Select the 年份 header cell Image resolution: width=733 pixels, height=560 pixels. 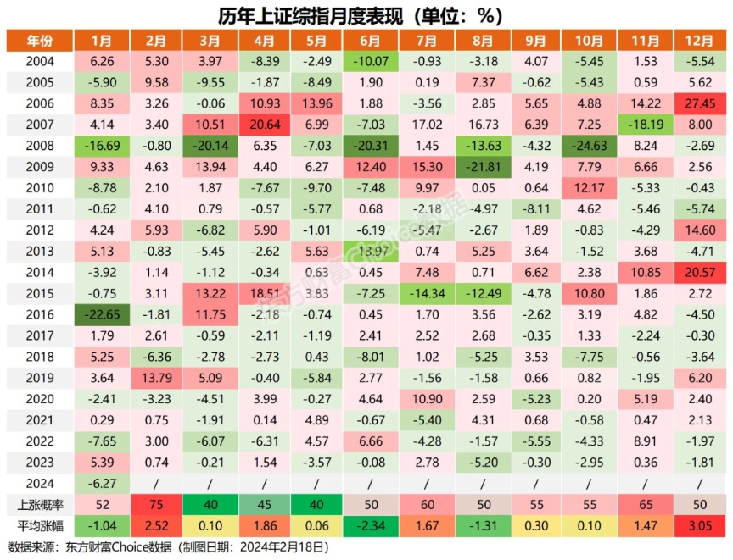click(x=38, y=41)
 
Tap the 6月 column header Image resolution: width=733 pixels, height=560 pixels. click(x=369, y=41)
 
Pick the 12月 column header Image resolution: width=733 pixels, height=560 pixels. click(x=701, y=41)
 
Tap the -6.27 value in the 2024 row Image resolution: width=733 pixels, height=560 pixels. click(x=101, y=483)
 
